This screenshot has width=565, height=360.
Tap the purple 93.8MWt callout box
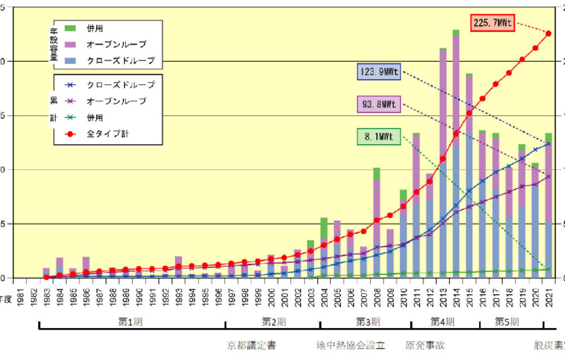click(x=379, y=104)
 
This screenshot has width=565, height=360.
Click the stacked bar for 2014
click(x=456, y=155)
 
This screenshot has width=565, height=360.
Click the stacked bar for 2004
click(x=324, y=248)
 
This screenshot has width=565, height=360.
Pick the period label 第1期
click(x=131, y=321)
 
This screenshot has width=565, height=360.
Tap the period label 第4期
click(x=443, y=321)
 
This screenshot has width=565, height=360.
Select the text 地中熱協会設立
click(x=350, y=346)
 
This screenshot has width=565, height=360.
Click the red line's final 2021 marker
click(x=548, y=34)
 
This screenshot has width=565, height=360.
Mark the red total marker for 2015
click(x=470, y=113)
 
